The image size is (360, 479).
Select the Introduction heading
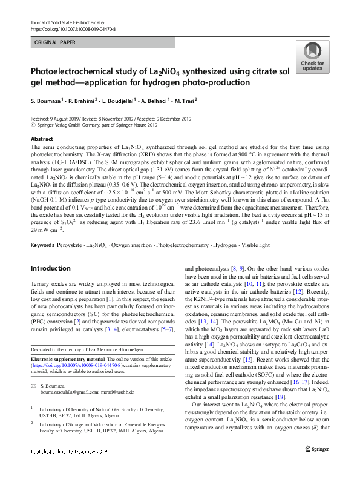click(51, 268)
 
